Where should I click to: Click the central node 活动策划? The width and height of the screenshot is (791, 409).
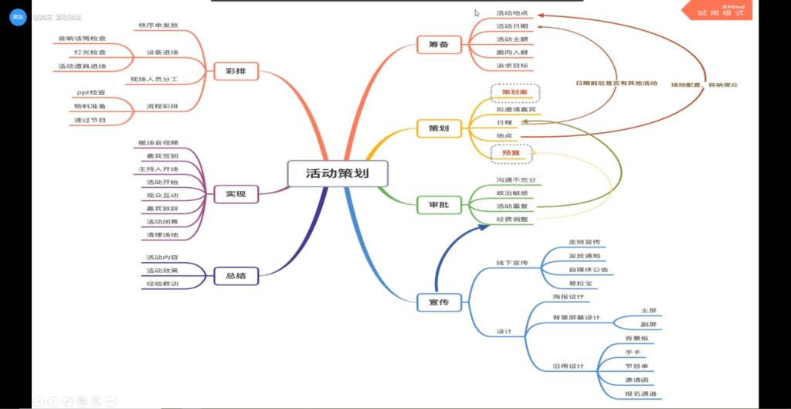337,173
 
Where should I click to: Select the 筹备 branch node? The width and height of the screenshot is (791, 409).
438,45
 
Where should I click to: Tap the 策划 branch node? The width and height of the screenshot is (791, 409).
438,127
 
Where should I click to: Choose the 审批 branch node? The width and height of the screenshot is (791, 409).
438,205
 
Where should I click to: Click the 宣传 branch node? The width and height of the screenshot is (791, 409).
438,302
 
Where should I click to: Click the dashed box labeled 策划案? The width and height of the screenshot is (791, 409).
514,93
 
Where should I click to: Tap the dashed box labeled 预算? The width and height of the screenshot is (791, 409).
511,153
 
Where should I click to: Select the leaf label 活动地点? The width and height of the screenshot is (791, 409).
511,13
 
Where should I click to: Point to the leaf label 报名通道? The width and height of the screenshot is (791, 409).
641,394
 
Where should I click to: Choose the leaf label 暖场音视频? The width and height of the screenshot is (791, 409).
158,142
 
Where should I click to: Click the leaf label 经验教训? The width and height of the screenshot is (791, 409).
162,284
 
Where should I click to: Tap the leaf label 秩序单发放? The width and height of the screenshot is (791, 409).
158,25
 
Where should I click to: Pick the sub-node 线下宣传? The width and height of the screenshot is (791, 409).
511,263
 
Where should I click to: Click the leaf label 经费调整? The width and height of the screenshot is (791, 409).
512,219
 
